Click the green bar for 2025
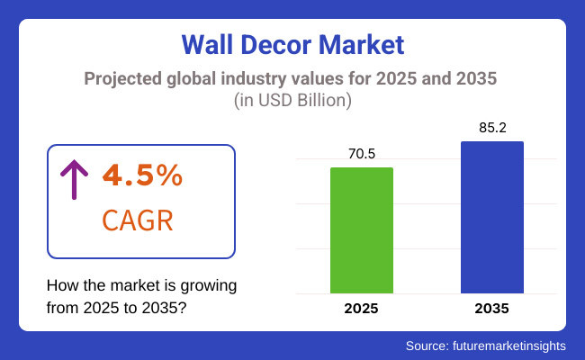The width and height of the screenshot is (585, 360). [x=362, y=230]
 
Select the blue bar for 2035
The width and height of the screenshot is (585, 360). [x=491, y=217]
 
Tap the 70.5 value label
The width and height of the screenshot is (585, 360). [x=362, y=154]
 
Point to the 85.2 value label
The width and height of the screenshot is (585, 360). [x=491, y=128]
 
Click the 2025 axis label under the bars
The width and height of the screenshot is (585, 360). [x=362, y=308]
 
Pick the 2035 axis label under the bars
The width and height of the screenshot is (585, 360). [x=491, y=308]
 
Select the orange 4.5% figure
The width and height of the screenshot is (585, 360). [x=141, y=176]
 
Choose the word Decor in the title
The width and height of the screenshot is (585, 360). [x=283, y=43]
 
